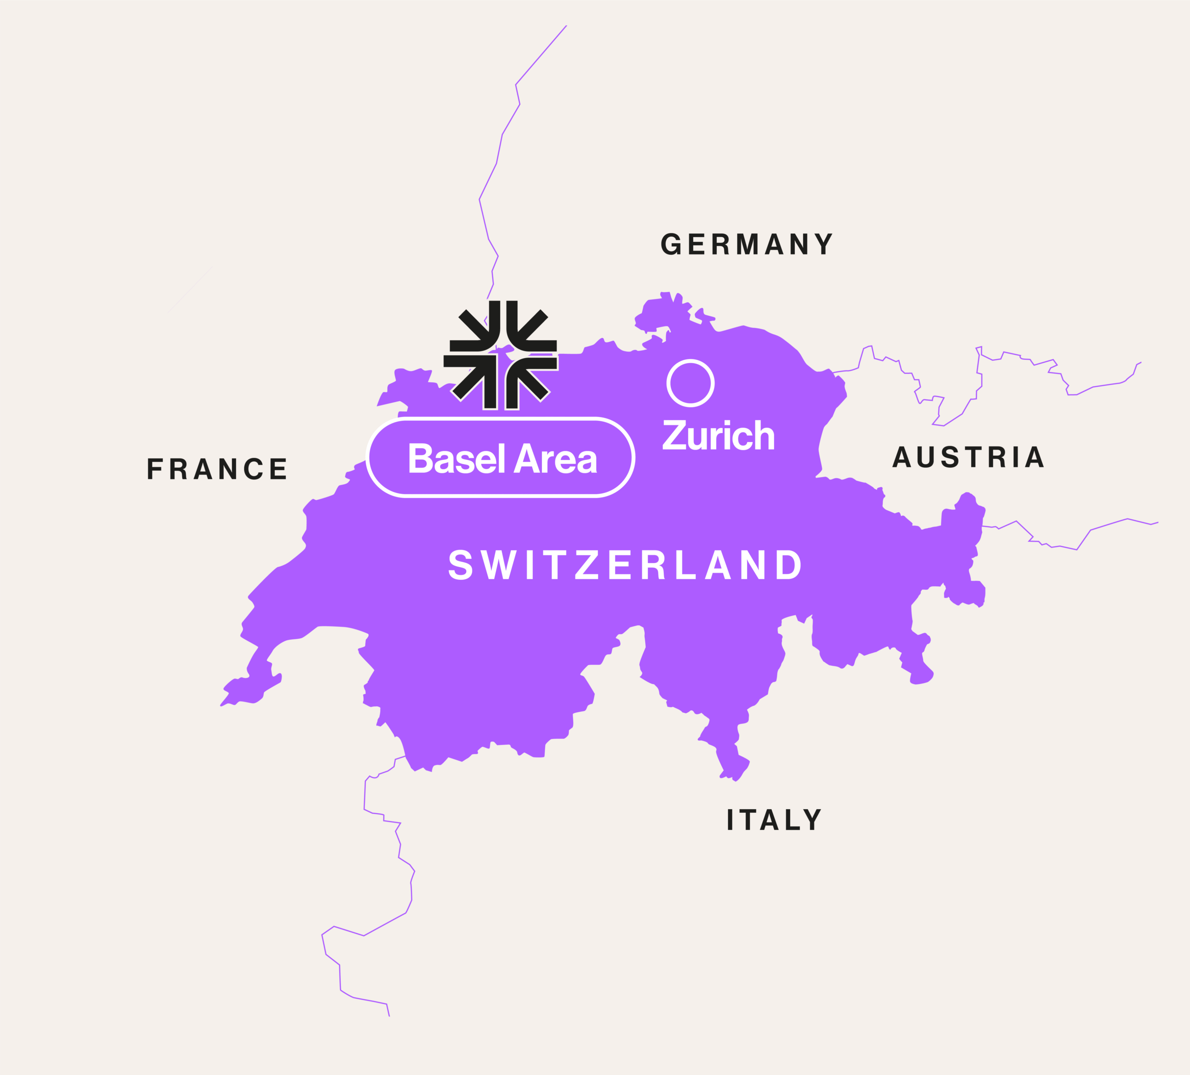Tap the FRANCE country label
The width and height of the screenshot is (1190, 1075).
point(217,469)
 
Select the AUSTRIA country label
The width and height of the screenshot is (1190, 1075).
point(968,457)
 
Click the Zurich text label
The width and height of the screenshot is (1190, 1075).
point(718,436)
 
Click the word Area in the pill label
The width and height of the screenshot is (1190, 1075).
point(555,458)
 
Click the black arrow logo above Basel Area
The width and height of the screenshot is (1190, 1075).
point(501,355)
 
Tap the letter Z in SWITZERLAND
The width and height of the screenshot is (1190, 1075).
point(587,564)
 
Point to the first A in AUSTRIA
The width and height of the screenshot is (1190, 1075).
point(901,457)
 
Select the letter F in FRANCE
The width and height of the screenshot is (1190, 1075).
point(153,469)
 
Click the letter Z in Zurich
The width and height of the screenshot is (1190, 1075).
point(674,436)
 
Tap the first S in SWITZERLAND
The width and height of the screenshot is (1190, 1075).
point(460,564)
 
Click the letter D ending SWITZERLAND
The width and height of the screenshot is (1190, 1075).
point(789,564)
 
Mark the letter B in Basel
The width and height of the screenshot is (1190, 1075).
point(420,458)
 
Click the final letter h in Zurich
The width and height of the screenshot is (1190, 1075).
point(764,436)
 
